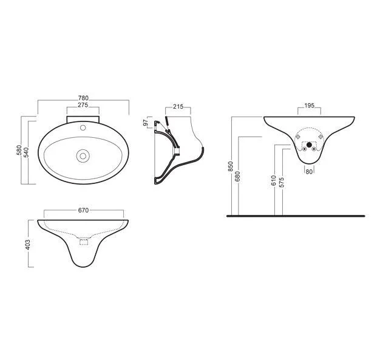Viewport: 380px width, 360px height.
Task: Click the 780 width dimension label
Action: click(x=83, y=98)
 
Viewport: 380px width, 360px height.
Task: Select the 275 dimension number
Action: click(x=83, y=105)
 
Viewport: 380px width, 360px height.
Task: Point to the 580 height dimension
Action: click(x=19, y=151)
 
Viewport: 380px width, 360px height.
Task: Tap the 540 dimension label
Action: click(x=26, y=152)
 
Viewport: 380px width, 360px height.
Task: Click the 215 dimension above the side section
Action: click(x=178, y=107)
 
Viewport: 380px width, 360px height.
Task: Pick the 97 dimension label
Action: click(x=146, y=123)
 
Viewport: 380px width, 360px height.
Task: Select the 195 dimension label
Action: click(x=309, y=106)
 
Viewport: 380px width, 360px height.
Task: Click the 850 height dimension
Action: click(x=230, y=166)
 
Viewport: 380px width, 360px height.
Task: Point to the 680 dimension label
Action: click(x=237, y=176)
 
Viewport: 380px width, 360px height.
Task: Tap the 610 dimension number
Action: click(x=274, y=180)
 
